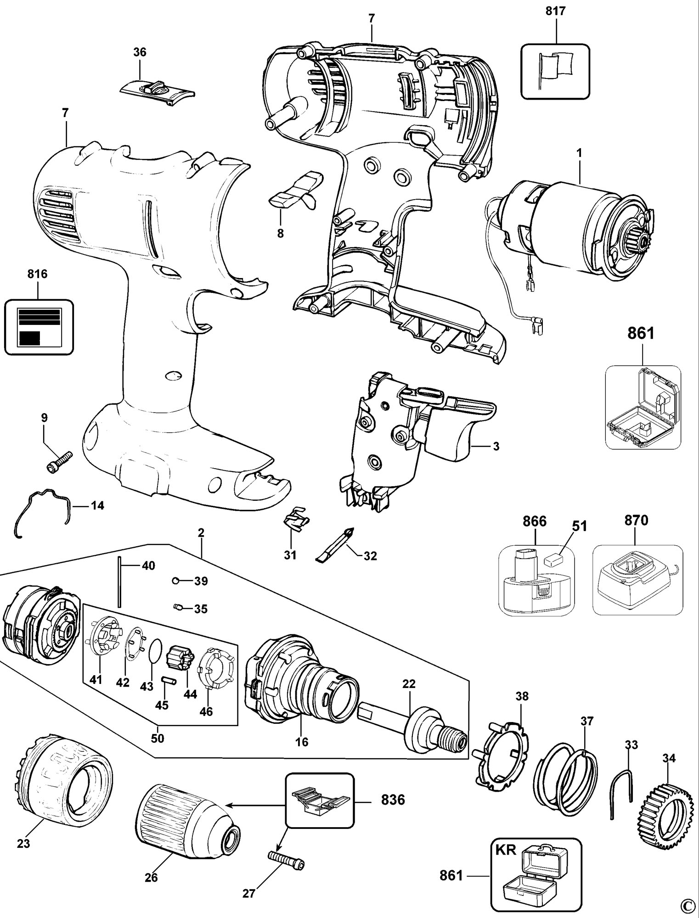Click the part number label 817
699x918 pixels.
point(556,11)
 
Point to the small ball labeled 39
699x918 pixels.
point(175,581)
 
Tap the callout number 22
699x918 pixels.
point(409,697)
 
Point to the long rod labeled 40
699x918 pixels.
point(119,582)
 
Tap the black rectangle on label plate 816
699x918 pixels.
point(29,338)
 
